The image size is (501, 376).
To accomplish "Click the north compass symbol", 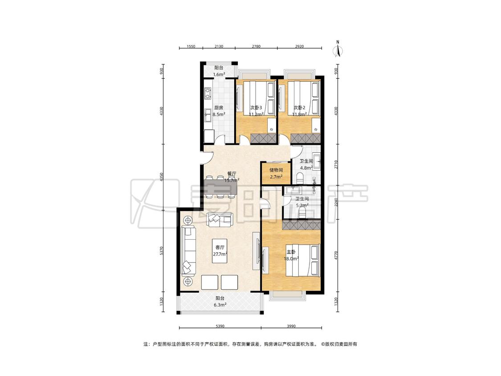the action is pos(338,49).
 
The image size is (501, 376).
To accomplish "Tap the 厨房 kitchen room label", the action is pos(219,108).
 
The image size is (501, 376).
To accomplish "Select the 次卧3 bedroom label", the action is pos(256,108).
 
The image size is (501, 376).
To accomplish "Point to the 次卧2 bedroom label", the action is pos(299,108).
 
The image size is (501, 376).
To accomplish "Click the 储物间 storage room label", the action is pos(276,170).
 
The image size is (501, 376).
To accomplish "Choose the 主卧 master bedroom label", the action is pos(291,252).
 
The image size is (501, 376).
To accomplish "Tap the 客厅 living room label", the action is pos(220,247).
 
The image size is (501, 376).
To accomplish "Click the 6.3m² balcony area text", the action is pos(220,305).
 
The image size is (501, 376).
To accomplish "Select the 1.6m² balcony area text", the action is pos(219,74).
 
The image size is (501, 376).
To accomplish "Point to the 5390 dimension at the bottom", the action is pos(220,326).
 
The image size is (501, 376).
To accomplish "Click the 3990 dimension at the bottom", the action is pos(291,326).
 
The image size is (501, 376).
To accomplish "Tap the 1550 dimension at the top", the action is pos(191,46).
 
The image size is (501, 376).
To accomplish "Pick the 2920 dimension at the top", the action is pos(299,46).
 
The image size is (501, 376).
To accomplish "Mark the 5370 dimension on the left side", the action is pos(162,251).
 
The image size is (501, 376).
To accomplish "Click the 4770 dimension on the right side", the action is pos(336,256).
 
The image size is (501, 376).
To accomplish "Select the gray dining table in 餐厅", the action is pos(221,187).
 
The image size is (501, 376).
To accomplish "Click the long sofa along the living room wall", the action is pos(188,251).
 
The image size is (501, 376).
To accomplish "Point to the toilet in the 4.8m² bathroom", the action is pos(300,178).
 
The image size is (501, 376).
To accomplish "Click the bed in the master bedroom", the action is pos(302,260).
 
